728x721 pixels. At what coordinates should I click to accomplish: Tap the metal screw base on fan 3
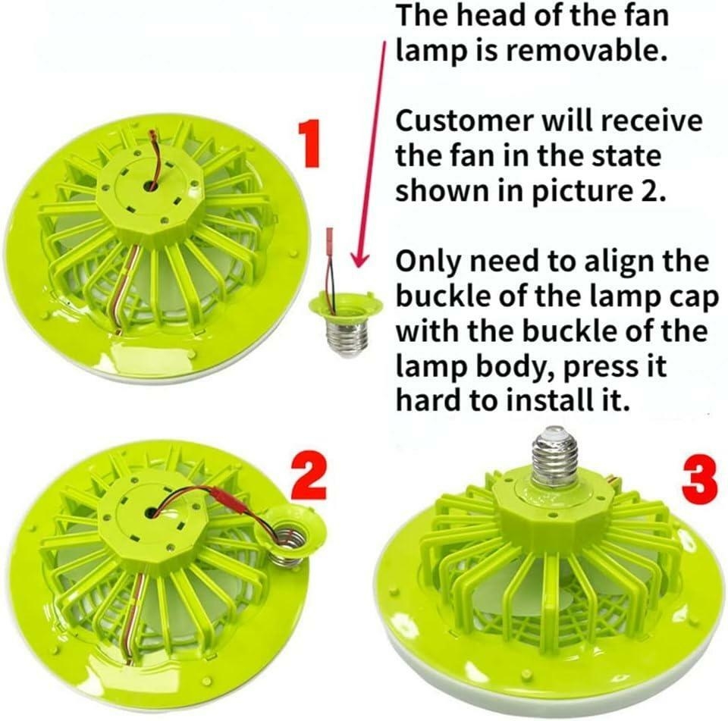pyautogui.click(x=555, y=456)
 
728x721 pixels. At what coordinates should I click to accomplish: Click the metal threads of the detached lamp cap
pyautogui.click(x=342, y=338)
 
